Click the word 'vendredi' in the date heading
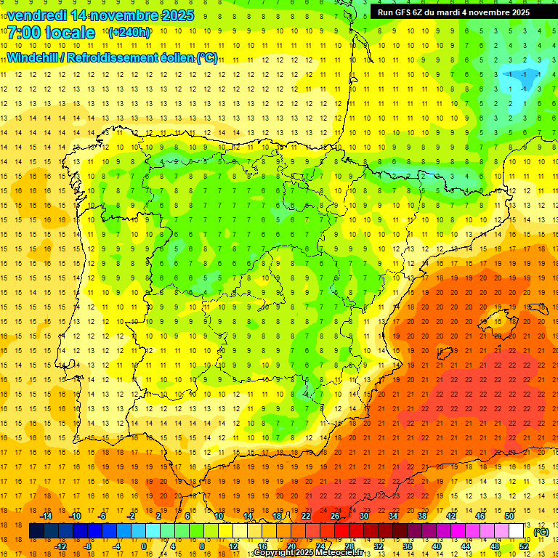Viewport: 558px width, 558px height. [37, 15]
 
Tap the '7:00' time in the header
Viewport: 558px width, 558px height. [25, 33]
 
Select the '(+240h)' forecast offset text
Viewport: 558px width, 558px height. [129, 33]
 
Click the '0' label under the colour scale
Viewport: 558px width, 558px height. [144, 546]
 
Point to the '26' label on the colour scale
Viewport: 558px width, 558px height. [335, 516]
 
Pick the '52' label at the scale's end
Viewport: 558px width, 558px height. [524, 546]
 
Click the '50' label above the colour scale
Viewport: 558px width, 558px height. [509, 516]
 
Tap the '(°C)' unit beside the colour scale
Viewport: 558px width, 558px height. [541, 532]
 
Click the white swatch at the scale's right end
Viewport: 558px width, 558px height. [516, 531]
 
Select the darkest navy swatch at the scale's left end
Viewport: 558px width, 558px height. [36, 531]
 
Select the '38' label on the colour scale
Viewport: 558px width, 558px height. [421, 516]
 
